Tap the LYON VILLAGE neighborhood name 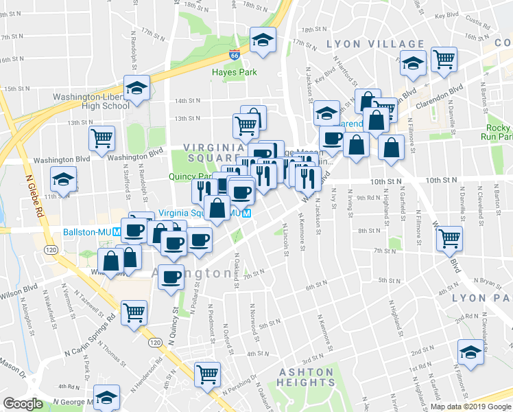pyautogui.click(x=375, y=44)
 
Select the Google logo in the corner pyautogui.click(x=23, y=404)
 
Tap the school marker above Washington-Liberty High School pyautogui.click(x=136, y=88)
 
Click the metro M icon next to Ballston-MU pyautogui.click(x=117, y=231)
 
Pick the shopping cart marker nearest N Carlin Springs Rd pyautogui.click(x=134, y=312)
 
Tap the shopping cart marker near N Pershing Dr pyautogui.click(x=207, y=374)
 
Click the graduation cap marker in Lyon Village pyautogui.click(x=414, y=63)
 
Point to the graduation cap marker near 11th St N pyautogui.click(x=63, y=179)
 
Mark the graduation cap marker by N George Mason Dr pyautogui.click(x=106, y=397)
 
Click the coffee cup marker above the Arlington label pyautogui.click(x=173, y=277)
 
